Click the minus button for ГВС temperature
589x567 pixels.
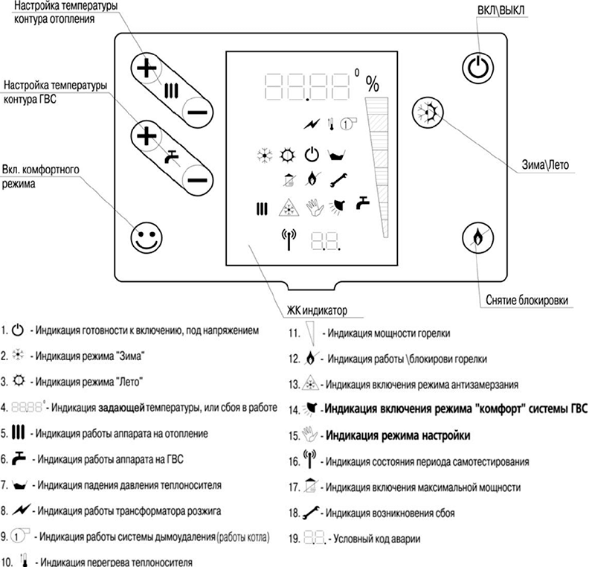196,179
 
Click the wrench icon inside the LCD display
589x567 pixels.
338,179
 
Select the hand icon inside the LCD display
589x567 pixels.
313,206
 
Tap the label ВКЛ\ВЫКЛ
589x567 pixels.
506,11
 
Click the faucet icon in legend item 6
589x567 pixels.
20,458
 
